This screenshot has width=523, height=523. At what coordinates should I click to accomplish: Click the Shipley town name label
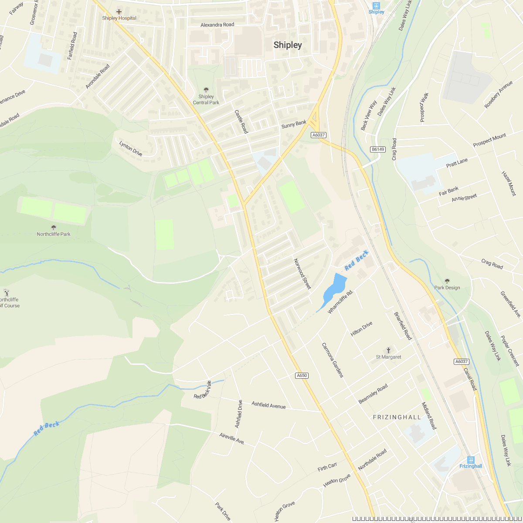click(x=288, y=45)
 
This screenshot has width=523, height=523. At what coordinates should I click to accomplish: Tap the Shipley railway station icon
click(x=377, y=5)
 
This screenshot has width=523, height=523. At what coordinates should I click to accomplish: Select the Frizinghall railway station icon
click(x=471, y=459)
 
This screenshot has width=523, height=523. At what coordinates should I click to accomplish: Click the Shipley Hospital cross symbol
click(x=119, y=11)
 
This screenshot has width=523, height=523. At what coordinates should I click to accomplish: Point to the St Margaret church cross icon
click(x=388, y=350)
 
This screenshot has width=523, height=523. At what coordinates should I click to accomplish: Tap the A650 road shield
click(x=302, y=375)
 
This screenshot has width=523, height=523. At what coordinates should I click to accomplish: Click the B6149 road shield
click(x=378, y=149)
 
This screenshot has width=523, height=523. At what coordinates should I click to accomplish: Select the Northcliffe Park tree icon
click(x=54, y=227)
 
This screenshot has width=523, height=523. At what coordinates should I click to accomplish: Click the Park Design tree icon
click(x=447, y=281)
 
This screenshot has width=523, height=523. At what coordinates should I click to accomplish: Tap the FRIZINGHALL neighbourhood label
click(x=397, y=417)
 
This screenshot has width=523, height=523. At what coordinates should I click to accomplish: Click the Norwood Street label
click(x=302, y=274)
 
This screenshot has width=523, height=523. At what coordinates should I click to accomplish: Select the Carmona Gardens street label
click(x=333, y=360)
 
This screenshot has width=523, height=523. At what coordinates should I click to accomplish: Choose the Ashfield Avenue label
click(x=268, y=405)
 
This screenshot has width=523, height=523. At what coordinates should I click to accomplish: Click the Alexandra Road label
click(x=217, y=25)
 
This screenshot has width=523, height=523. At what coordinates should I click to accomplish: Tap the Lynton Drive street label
click(x=131, y=148)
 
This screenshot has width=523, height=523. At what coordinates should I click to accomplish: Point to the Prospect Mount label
click(x=490, y=140)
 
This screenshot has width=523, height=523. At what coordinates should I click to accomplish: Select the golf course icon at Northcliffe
click(x=6, y=292)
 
